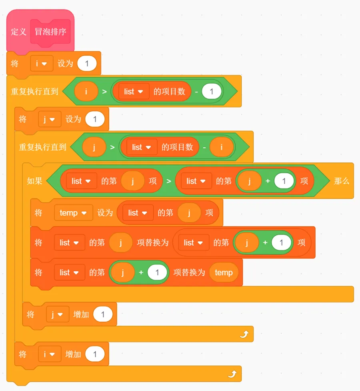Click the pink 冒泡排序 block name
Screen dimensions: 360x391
[x=50, y=32]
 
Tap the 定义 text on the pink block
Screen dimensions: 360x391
[x=18, y=32]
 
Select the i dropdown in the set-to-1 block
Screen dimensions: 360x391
[x=42, y=63]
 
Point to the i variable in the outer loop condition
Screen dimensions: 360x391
[x=86, y=91]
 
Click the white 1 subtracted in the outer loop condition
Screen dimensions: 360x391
[x=212, y=91]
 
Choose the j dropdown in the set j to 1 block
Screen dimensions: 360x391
[x=50, y=119]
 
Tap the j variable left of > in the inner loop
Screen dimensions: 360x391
[x=94, y=147]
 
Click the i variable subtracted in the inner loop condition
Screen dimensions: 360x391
[x=221, y=147]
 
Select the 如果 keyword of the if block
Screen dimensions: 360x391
[x=34, y=181]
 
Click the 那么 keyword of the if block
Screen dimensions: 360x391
[x=342, y=181]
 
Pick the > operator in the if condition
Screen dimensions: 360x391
[x=169, y=181]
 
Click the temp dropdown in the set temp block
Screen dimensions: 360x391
[x=73, y=213]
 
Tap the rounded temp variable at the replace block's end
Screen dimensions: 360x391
[x=224, y=273]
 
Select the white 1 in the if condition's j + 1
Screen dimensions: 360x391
[x=284, y=181]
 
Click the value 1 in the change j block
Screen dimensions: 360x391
[x=103, y=314]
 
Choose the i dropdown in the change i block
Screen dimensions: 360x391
[x=50, y=354]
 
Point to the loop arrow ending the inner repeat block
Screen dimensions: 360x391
[x=244, y=334]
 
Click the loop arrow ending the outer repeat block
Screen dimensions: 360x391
[x=232, y=374]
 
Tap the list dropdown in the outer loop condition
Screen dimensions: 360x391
[x=134, y=91]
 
